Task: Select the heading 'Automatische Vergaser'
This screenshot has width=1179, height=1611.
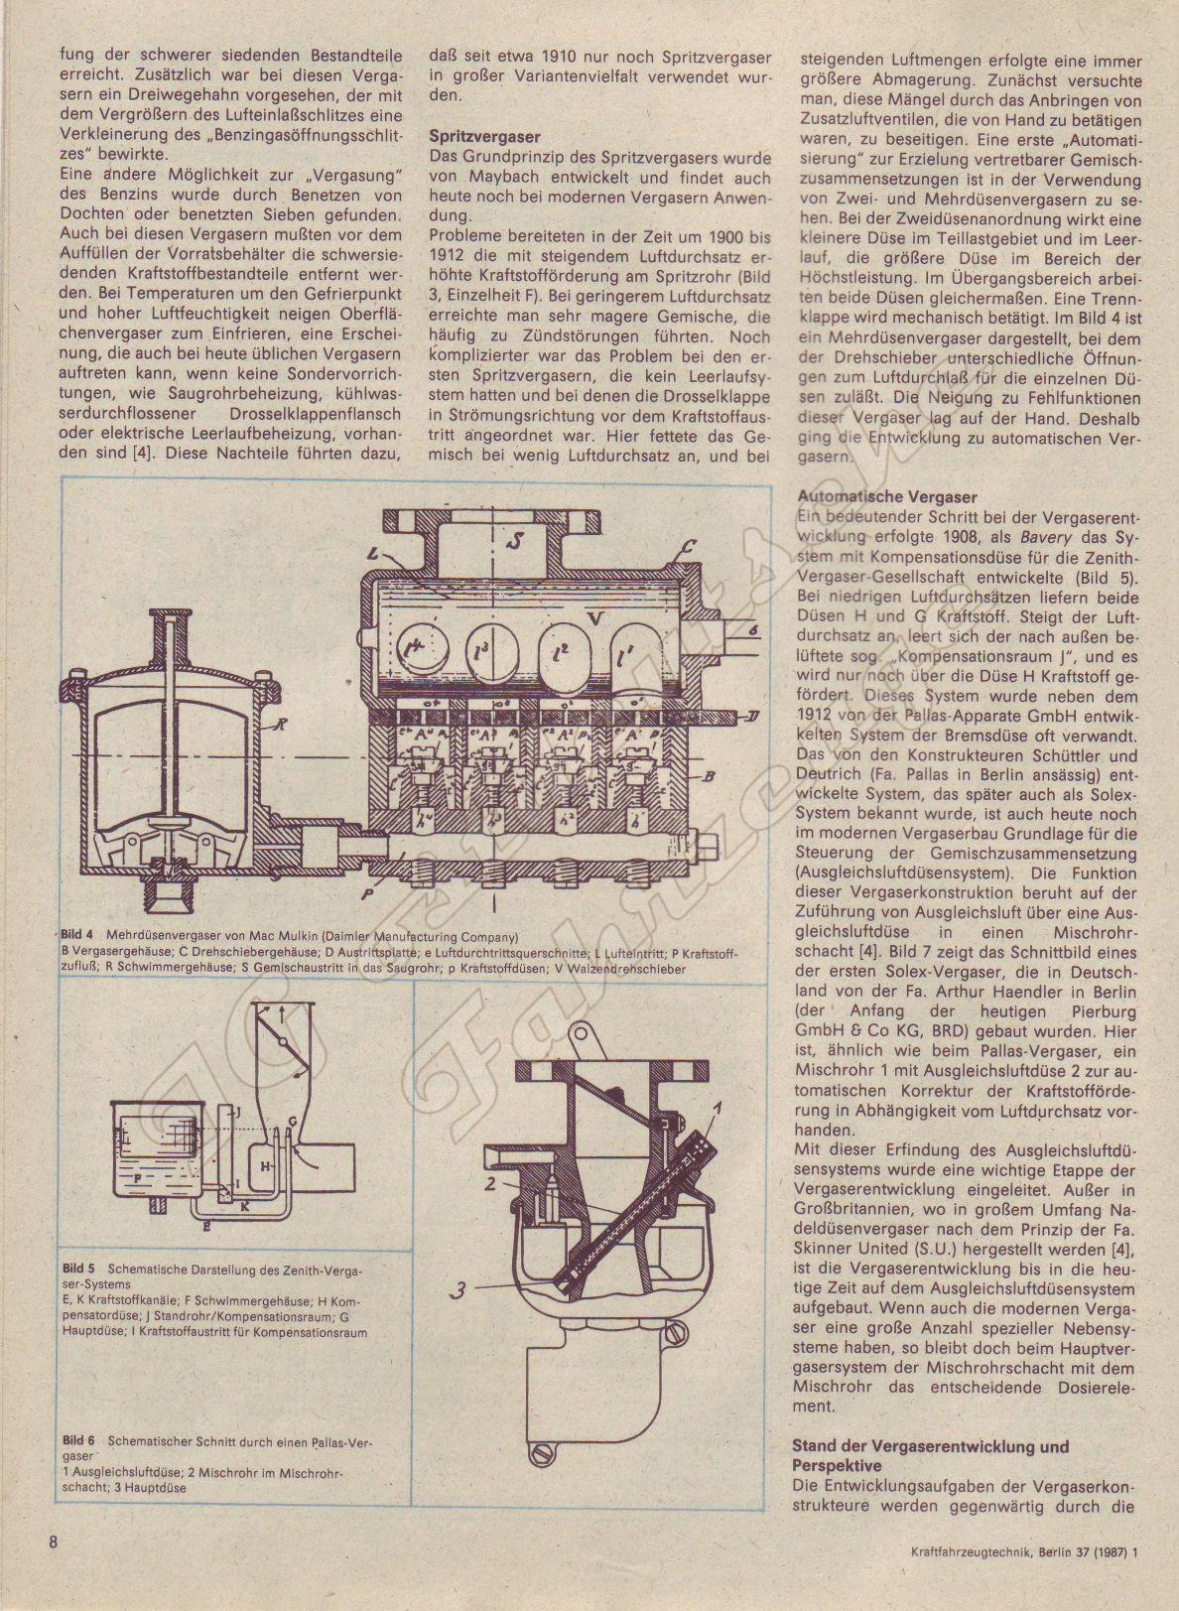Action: tap(858, 497)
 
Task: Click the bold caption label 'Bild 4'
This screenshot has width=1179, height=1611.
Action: tap(76, 936)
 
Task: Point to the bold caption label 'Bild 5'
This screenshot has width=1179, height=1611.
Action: tap(77, 1269)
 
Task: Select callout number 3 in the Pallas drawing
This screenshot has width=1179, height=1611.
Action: tap(459, 1290)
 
